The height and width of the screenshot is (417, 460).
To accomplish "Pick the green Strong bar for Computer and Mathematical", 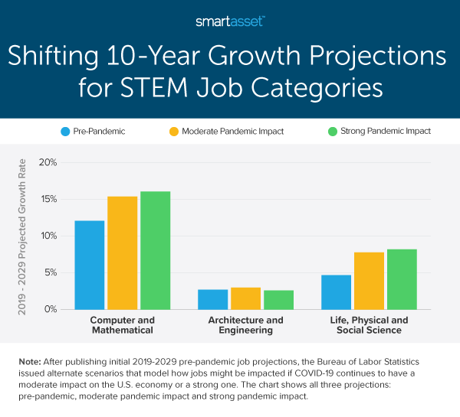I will coord(155,250).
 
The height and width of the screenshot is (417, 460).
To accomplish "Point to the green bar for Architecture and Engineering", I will coord(278,299).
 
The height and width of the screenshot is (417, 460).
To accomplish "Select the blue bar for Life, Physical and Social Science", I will coord(336,292).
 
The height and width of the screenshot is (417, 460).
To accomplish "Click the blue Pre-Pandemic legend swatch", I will coord(65,131).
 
